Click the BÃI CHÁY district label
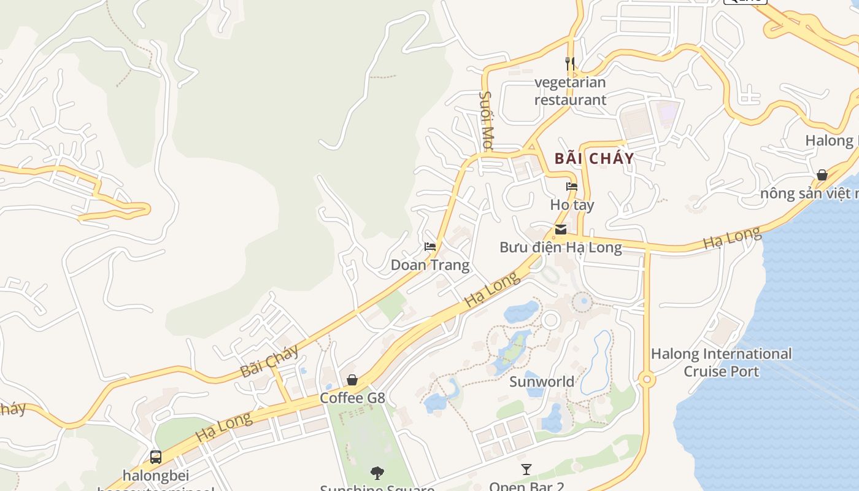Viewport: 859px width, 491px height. point(594,158)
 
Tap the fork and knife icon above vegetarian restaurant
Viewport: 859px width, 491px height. point(570,63)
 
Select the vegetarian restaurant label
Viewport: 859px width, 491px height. point(570,91)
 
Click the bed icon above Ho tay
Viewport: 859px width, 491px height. point(572,187)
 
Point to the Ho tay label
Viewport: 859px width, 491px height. point(572,204)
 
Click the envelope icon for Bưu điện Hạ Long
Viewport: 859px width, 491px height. point(561,230)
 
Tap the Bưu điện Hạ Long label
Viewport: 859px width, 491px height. point(561,247)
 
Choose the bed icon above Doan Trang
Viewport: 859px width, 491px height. point(430,247)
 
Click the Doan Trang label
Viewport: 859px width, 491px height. point(430,265)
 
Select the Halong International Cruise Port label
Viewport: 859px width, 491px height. point(721,362)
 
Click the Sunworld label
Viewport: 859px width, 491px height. point(542,382)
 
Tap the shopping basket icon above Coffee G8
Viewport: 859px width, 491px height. point(352,380)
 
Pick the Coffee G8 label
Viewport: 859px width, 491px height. point(352,398)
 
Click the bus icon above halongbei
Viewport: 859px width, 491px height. point(156,457)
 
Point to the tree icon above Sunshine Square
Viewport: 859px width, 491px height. point(377,473)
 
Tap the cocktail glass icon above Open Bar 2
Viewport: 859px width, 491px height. point(526,470)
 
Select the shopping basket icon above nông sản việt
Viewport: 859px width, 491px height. point(822,176)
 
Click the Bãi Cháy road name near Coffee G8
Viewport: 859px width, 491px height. point(269,360)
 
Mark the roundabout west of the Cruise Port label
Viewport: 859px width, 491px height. point(646,380)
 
